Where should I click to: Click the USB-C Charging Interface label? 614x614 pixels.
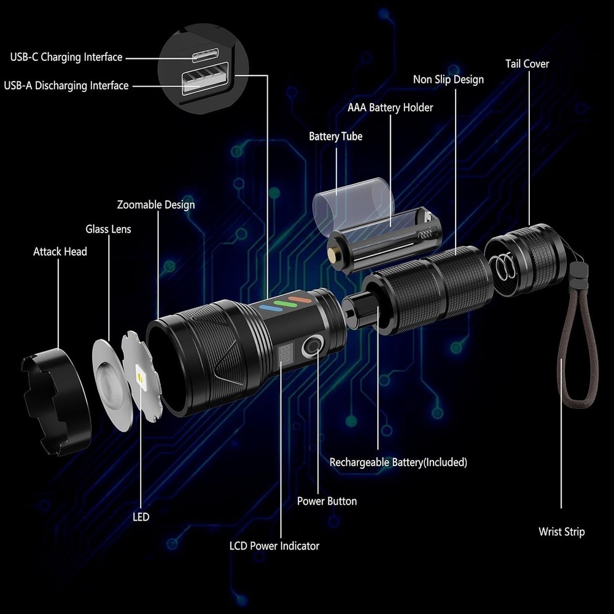click(x=66, y=58)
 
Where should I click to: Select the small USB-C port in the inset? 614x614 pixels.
click(x=206, y=56)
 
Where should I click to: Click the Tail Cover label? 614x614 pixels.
click(x=527, y=64)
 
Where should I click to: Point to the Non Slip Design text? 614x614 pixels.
click(x=448, y=80)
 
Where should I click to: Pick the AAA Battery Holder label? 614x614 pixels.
click(x=390, y=108)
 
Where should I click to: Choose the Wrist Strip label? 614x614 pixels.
click(x=561, y=532)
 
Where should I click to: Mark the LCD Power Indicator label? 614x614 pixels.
click(x=274, y=545)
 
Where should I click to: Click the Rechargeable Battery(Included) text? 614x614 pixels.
click(x=398, y=462)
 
